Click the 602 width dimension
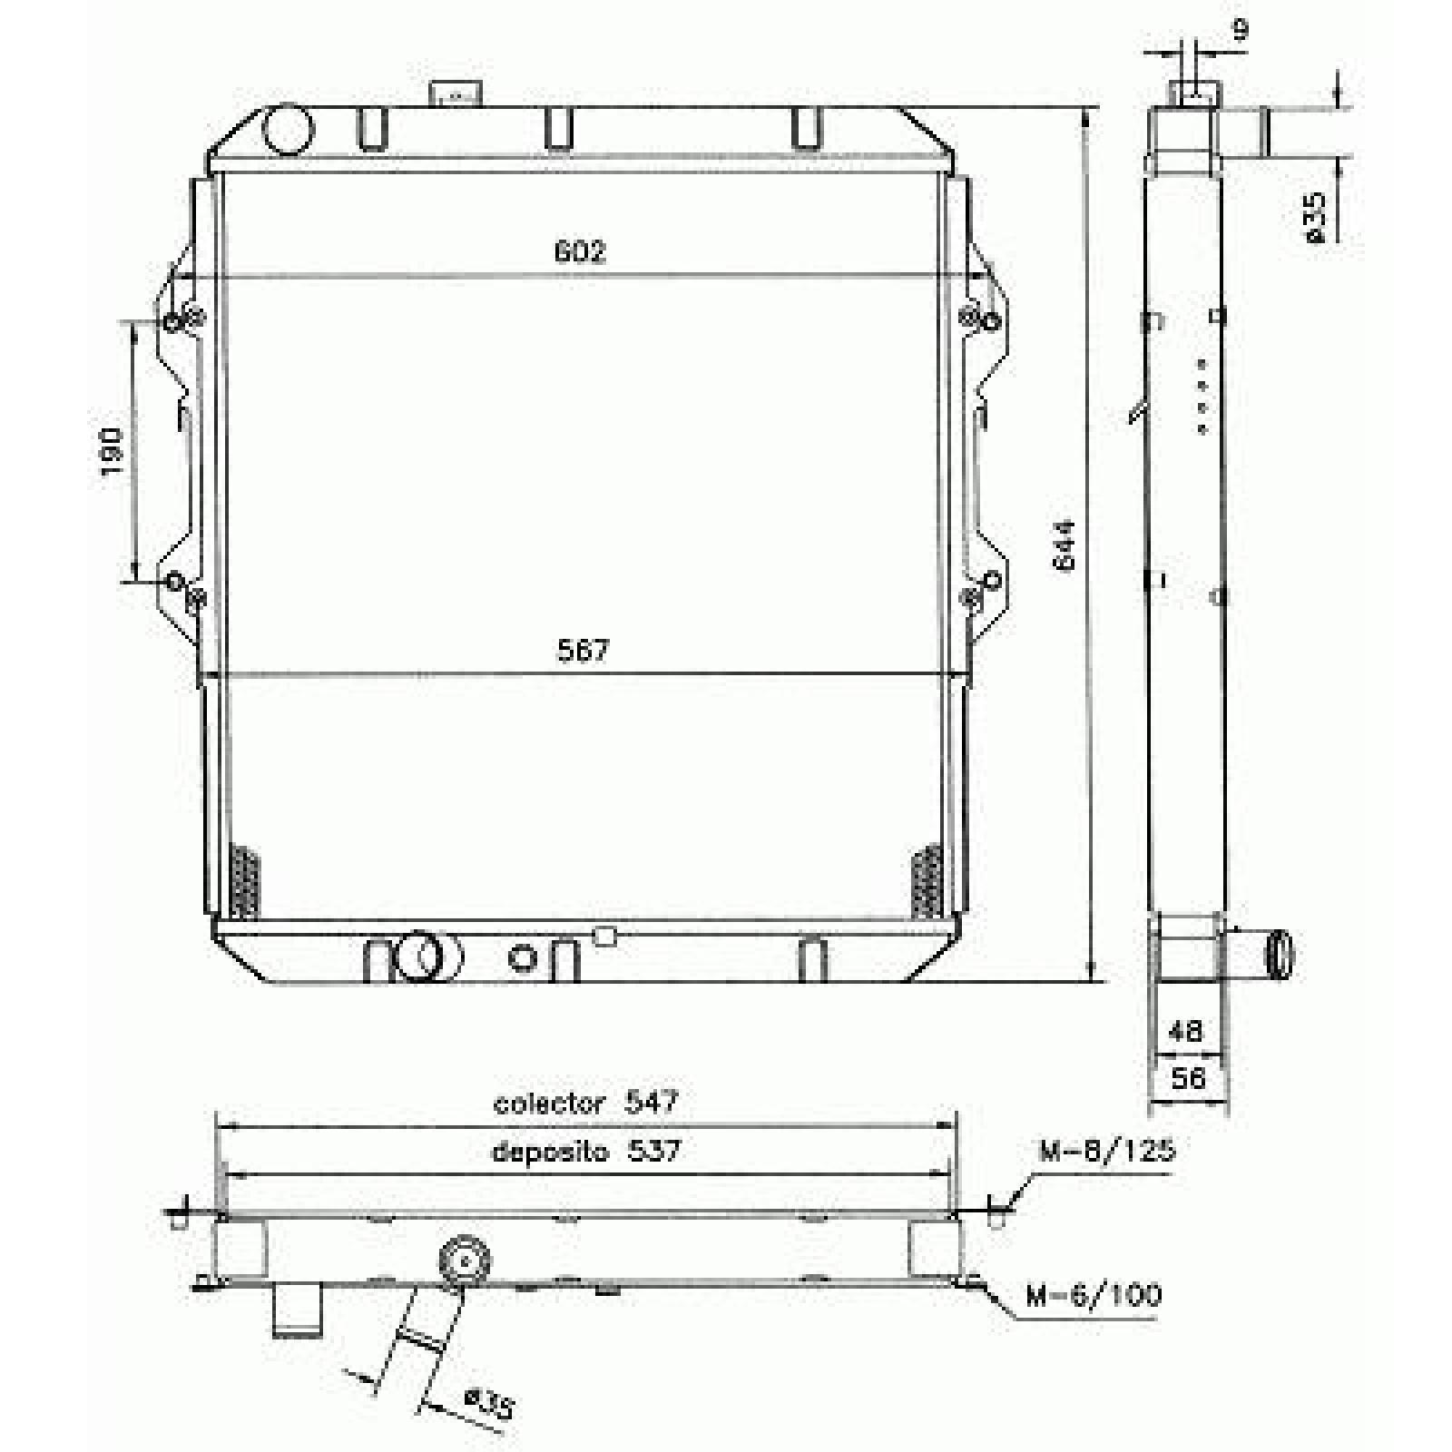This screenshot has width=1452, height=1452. (580, 251)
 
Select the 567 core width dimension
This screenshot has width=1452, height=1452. (582, 651)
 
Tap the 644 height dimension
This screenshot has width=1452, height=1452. (1064, 544)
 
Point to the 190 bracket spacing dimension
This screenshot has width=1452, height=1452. (111, 452)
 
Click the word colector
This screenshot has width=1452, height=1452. (549, 1103)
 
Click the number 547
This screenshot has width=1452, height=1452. (652, 1102)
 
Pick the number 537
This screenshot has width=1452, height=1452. (653, 1151)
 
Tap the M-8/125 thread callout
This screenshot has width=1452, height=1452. (1107, 1151)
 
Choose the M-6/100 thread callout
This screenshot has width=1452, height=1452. (1094, 1295)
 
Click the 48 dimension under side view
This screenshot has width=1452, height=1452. (1185, 1030)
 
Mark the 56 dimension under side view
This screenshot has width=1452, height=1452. (1188, 1078)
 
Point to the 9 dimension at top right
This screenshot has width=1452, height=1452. (1241, 30)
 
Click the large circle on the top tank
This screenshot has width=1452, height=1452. (288, 128)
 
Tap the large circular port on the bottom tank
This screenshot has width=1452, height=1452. (419, 956)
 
